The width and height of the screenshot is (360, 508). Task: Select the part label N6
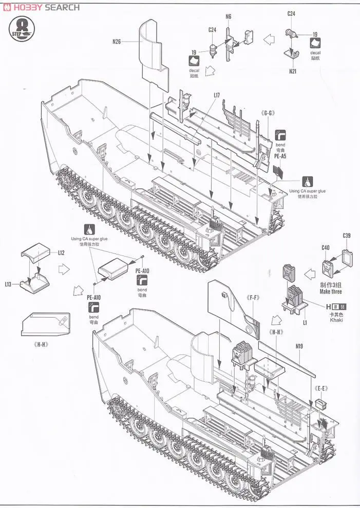click(x=229, y=16)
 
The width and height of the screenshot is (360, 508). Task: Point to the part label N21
click(x=293, y=71)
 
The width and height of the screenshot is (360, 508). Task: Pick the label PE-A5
click(x=279, y=155)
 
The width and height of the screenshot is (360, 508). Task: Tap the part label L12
click(x=61, y=253)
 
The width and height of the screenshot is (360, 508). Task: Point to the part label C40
click(x=325, y=248)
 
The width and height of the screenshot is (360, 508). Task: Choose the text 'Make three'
click(x=330, y=291)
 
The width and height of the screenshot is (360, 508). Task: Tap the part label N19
click(x=299, y=345)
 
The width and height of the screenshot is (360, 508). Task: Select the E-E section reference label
click(x=323, y=381)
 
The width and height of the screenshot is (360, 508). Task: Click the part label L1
click(x=305, y=322)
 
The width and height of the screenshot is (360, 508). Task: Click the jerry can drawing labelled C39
click(x=347, y=256)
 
